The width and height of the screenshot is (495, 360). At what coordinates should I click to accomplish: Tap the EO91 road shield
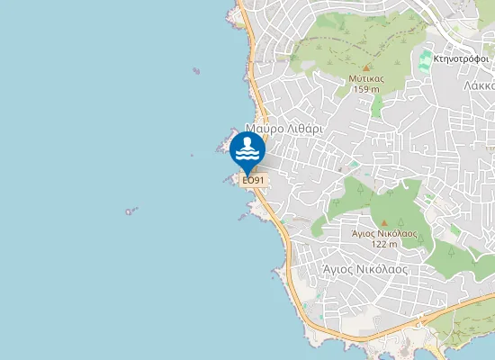pyautogui.click(x=254, y=180)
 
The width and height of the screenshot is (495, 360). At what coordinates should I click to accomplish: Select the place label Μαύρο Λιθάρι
pyautogui.click(x=283, y=129)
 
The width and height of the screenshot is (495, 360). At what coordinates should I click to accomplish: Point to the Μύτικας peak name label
pyautogui.click(x=366, y=78)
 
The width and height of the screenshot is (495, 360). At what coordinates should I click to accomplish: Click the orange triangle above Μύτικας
pyautogui.click(x=366, y=67)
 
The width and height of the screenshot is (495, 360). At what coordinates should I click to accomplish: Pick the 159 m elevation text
pyautogui.click(x=364, y=89)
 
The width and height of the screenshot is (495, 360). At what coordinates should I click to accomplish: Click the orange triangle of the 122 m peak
pyautogui.click(x=384, y=222)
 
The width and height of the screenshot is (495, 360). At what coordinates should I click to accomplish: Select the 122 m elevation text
pyautogui.click(x=384, y=244)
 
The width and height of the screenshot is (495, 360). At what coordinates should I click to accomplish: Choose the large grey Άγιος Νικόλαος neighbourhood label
pyautogui.click(x=365, y=268)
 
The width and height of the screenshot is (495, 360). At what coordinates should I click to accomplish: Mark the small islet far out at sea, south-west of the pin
pyautogui.click(x=131, y=211)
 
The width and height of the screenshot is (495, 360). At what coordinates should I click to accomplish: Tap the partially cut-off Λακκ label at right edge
pyautogui.click(x=481, y=86)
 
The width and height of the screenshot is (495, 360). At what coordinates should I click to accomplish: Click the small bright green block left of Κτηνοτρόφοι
pyautogui.click(x=425, y=61)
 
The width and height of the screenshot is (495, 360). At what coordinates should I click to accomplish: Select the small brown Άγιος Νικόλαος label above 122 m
pyautogui.click(x=384, y=232)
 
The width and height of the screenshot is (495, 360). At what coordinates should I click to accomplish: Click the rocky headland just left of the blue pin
pyautogui.click(x=222, y=145)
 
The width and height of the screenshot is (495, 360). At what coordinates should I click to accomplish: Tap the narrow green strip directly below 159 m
pyautogui.click(x=377, y=106)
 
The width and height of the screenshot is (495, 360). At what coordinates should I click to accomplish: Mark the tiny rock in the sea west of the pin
pyautogui.click(x=192, y=155)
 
